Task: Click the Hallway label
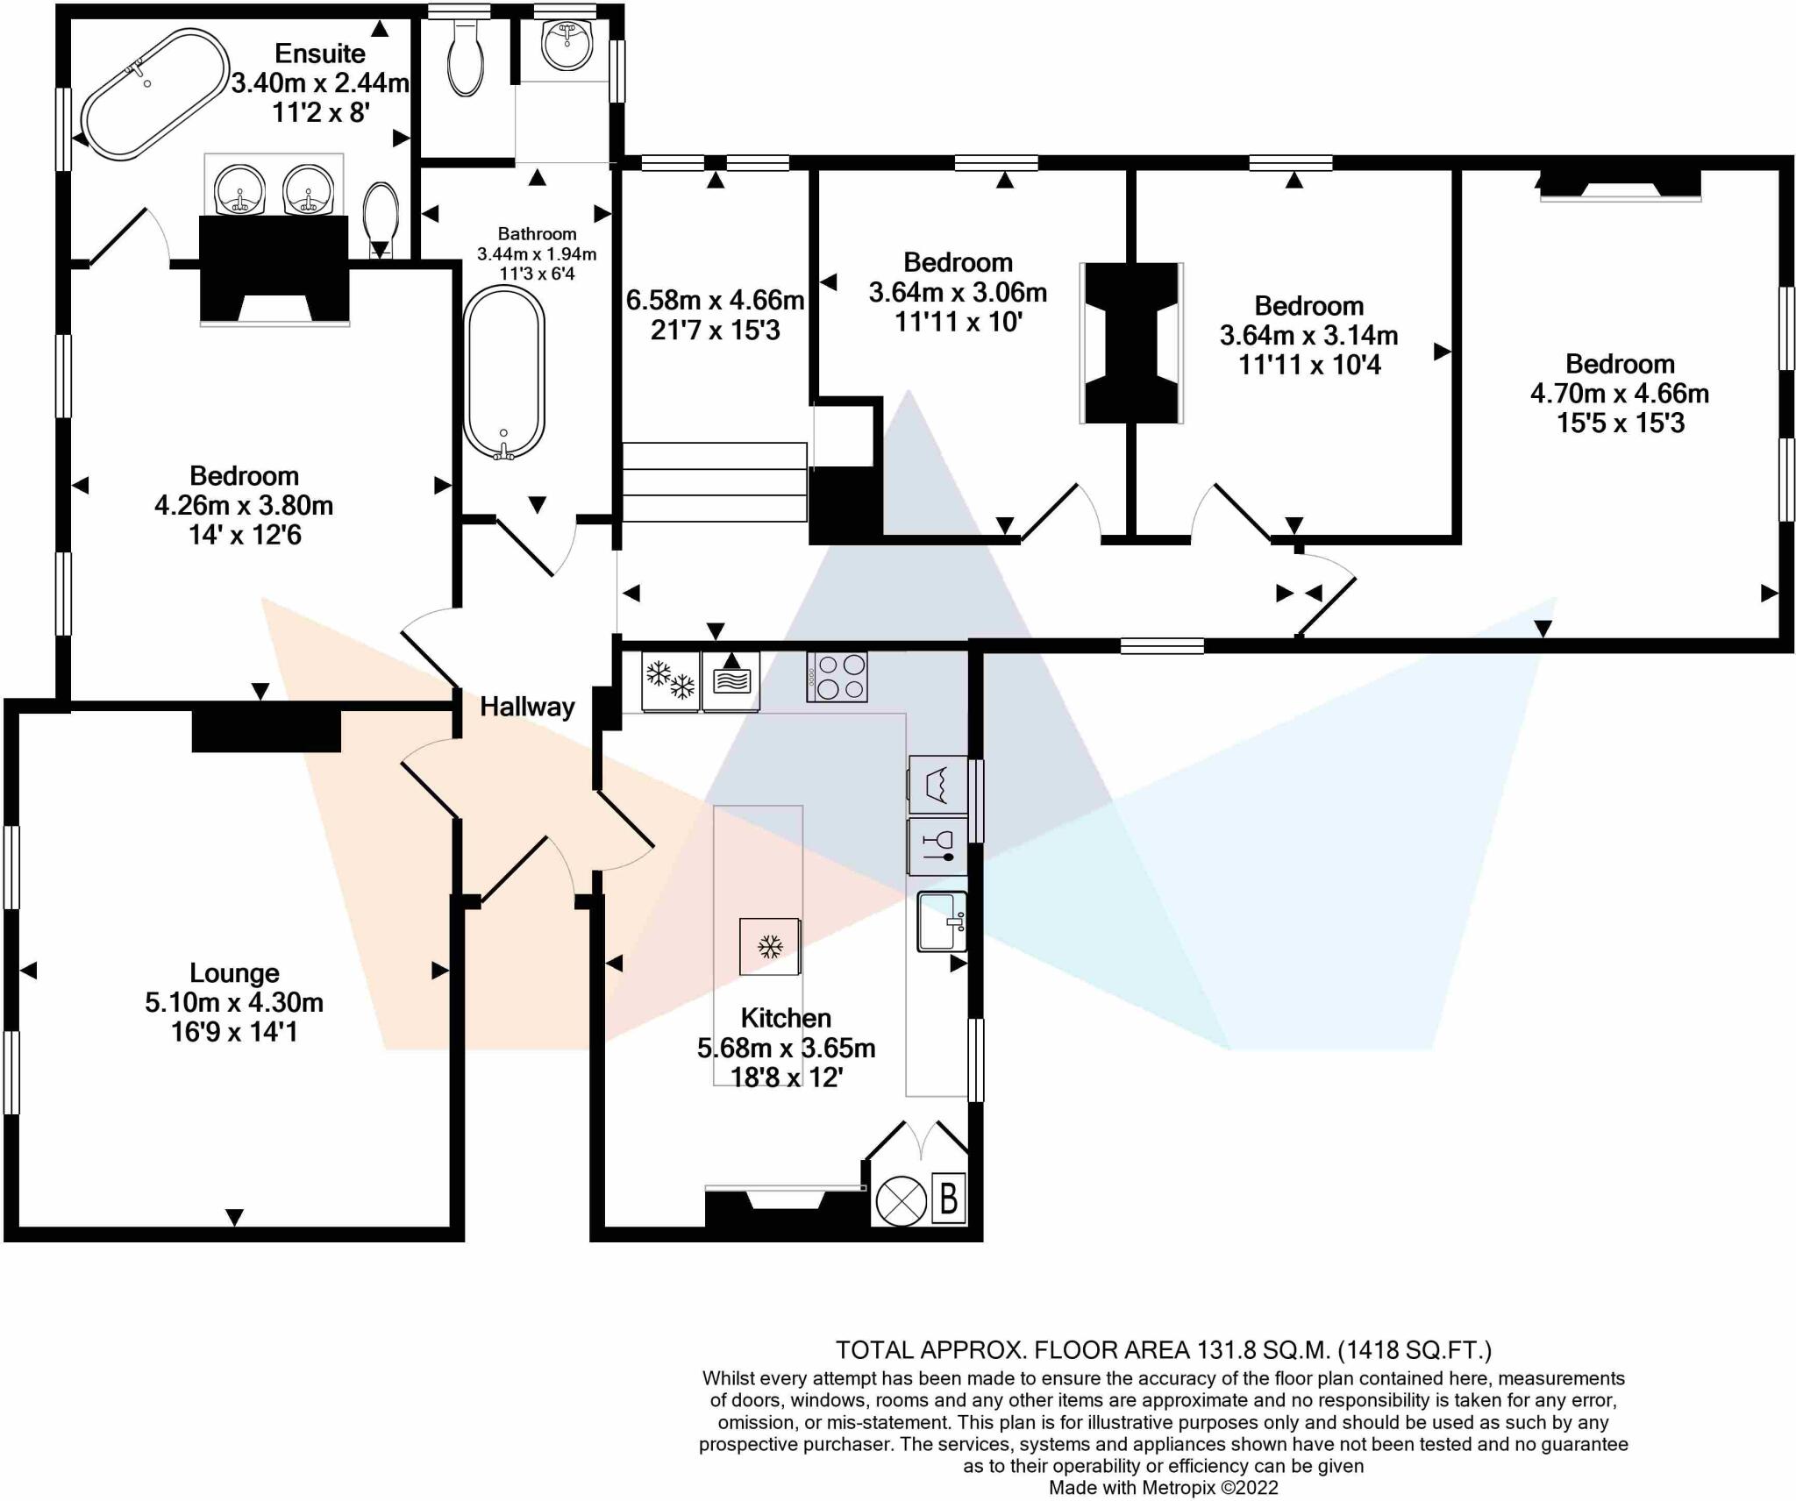point(527,707)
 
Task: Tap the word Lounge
point(234,973)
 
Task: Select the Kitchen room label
point(786,1018)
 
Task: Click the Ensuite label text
point(320,53)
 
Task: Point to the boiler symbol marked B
point(948,1199)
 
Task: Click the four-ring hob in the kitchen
point(837,677)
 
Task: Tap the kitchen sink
point(942,921)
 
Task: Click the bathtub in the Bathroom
point(503,373)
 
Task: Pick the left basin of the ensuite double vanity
point(239,189)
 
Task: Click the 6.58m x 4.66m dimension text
point(715,301)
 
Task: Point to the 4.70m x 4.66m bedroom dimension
point(1620,394)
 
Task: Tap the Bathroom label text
point(537,234)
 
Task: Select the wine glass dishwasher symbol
point(937,846)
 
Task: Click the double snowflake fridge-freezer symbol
point(671,681)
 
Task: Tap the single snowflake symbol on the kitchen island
point(770,947)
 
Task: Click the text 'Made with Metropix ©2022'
point(1164,1487)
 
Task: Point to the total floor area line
point(1164,1350)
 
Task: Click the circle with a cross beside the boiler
point(901,1200)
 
